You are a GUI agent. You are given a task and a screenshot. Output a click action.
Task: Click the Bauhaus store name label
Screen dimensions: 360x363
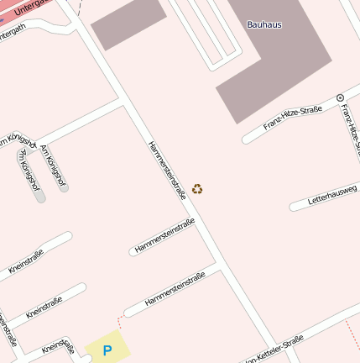264,24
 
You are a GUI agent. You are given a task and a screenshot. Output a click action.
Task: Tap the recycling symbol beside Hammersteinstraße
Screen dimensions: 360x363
197,189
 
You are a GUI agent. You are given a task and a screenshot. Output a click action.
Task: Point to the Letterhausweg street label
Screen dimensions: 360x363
332,195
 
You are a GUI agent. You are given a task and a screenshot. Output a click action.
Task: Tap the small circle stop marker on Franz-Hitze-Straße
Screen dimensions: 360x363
340,98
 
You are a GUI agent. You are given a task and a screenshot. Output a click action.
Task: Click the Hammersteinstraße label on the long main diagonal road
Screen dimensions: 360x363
167,170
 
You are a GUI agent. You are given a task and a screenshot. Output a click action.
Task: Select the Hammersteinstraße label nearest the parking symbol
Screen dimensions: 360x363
175,288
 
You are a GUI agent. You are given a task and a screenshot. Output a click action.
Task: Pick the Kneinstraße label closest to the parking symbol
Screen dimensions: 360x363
58,345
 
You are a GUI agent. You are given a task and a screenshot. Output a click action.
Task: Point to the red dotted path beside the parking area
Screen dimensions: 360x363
120,323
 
